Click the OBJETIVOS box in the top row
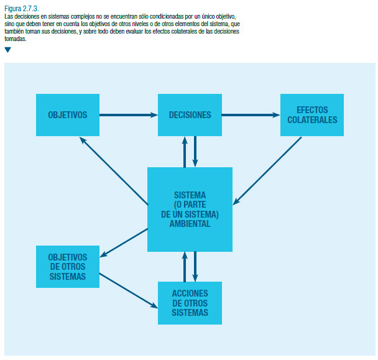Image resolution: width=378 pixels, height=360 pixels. [x=68, y=115]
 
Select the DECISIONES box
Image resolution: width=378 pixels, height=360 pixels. [x=190, y=115]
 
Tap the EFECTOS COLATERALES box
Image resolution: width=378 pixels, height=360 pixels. [x=312, y=115]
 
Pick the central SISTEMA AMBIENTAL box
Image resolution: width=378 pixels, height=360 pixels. [x=190, y=210]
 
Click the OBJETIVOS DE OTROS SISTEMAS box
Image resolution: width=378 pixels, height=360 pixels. [x=68, y=267]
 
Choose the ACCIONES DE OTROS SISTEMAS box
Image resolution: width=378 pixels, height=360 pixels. [x=190, y=303]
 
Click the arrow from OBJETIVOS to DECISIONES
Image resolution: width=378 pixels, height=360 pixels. [x=129, y=115]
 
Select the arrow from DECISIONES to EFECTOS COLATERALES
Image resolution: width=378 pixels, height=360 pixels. [x=251, y=115]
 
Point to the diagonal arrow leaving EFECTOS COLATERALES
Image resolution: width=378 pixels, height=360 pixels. [x=267, y=171]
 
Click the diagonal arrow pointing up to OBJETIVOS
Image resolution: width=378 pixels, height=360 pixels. [x=114, y=171]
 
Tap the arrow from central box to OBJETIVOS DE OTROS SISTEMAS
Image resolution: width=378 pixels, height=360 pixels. [x=124, y=243]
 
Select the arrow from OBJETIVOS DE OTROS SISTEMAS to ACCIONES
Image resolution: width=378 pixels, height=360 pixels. [x=129, y=290]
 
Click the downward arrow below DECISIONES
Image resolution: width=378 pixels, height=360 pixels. [x=195, y=152]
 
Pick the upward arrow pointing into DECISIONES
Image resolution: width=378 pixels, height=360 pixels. [x=185, y=152]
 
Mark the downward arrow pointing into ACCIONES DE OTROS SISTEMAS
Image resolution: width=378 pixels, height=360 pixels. [x=195, y=267]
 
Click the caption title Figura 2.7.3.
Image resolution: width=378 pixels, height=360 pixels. [x=22, y=9]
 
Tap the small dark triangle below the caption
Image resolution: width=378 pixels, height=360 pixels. [x=7, y=50]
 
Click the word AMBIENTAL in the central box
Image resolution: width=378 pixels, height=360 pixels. [x=190, y=224]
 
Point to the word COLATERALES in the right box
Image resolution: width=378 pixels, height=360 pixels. [x=312, y=120]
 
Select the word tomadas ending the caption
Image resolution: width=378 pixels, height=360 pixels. [x=15, y=39]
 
